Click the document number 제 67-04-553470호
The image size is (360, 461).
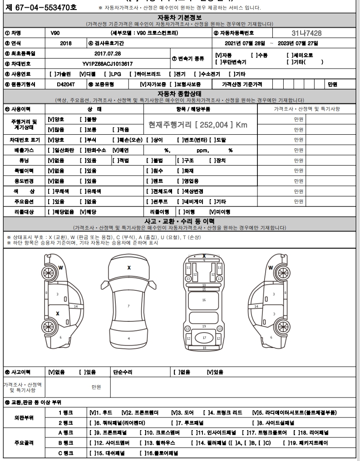tap(39, 7)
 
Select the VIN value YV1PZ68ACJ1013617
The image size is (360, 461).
tap(108, 64)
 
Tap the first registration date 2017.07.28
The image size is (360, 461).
tap(108, 54)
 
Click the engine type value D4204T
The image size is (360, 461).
tap(65, 84)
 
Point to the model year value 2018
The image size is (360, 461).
tap(65, 43)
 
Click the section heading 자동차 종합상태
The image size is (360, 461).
tap(180, 93)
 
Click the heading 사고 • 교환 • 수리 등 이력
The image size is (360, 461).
tap(180, 221)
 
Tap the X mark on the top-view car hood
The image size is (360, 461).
tap(129, 268)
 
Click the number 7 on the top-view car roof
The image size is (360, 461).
tap(128, 306)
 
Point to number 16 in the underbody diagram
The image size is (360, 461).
tap(204, 300)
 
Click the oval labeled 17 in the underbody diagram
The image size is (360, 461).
tap(204, 338)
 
